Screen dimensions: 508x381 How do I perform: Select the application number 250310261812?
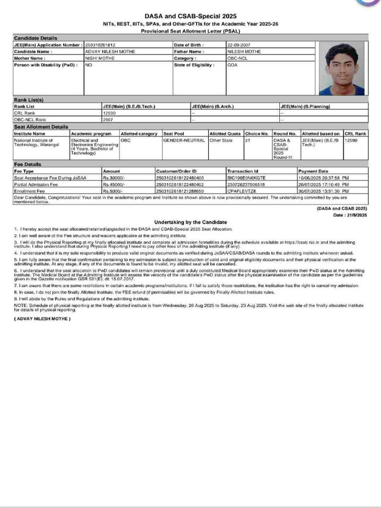click(100, 45)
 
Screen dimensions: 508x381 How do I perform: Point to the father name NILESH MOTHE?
click(243, 52)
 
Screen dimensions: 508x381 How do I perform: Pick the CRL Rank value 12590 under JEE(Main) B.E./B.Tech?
click(109, 113)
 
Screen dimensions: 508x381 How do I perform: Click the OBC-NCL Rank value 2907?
click(108, 120)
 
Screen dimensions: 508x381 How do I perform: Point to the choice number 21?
click(248, 140)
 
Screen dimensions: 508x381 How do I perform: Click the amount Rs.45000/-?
click(113, 184)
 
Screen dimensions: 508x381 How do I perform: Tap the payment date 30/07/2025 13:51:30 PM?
click(323, 190)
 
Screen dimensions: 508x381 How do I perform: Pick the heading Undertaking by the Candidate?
click(190, 222)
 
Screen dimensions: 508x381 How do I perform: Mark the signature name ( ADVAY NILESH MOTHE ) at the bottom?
click(42, 318)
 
